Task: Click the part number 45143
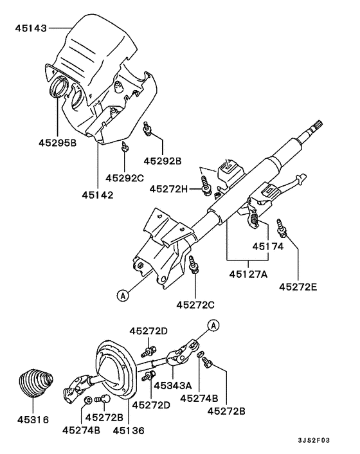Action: pyautogui.click(x=30, y=28)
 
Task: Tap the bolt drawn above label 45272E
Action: pyautogui.click(x=281, y=227)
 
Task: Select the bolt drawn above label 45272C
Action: pyautogui.click(x=194, y=264)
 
